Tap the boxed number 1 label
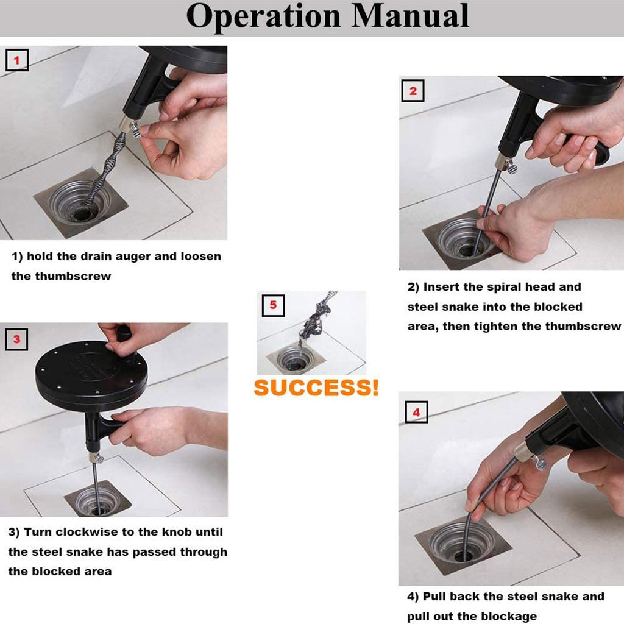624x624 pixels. coord(16,60)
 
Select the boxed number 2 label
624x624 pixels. coord(413,91)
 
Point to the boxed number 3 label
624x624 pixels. coord(16,339)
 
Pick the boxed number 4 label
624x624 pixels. coord(416,412)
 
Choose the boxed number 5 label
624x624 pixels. coord(273,305)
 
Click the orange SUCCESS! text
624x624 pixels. coord(316,388)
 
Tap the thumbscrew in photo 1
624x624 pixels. coord(135,129)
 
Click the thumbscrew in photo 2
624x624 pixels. coord(511,166)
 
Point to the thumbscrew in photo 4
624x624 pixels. coord(540,463)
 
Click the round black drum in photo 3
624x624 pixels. coord(91,376)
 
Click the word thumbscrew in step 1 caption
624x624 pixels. coord(73,276)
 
